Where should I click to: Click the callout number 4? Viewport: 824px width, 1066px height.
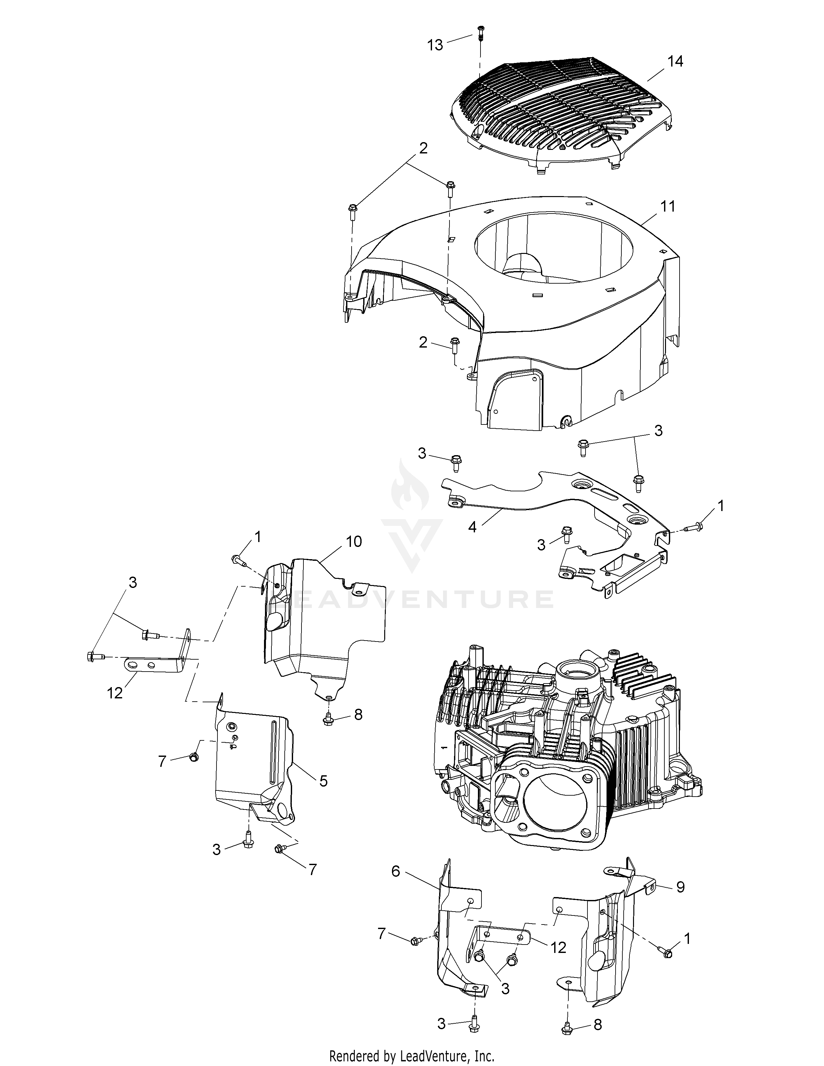tap(472, 528)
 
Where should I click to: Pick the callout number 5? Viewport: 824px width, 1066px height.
tap(323, 781)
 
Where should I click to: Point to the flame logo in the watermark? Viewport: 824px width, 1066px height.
tap(410, 488)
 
